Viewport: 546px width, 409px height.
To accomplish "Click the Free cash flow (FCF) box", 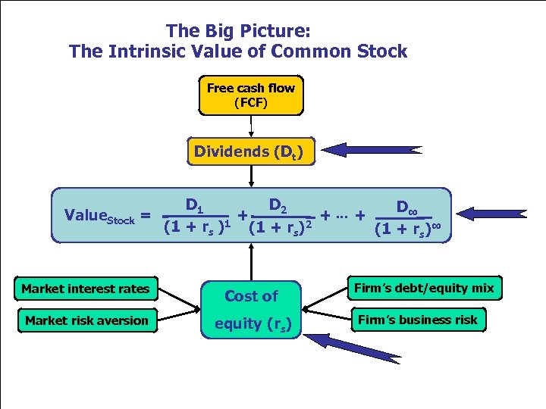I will pyautogui.click(x=251, y=95).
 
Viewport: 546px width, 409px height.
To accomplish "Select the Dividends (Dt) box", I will pyautogui.click(x=249, y=151).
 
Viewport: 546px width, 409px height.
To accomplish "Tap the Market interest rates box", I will pyautogui.click(x=86, y=288).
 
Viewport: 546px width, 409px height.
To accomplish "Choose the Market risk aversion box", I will pyautogui.click(x=86, y=320).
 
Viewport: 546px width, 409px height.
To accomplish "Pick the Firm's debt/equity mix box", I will pyautogui.click(x=425, y=287).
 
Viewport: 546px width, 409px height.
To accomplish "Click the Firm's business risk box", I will pyautogui.click(x=418, y=320).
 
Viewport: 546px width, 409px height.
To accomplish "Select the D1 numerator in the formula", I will pyautogui.click(x=194, y=204).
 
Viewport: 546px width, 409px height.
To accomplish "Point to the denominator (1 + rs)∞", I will pyautogui.click(x=409, y=229).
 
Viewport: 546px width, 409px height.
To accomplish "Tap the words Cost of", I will pyautogui.click(x=251, y=296).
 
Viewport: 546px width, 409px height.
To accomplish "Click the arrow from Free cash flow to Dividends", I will pyautogui.click(x=251, y=127).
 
